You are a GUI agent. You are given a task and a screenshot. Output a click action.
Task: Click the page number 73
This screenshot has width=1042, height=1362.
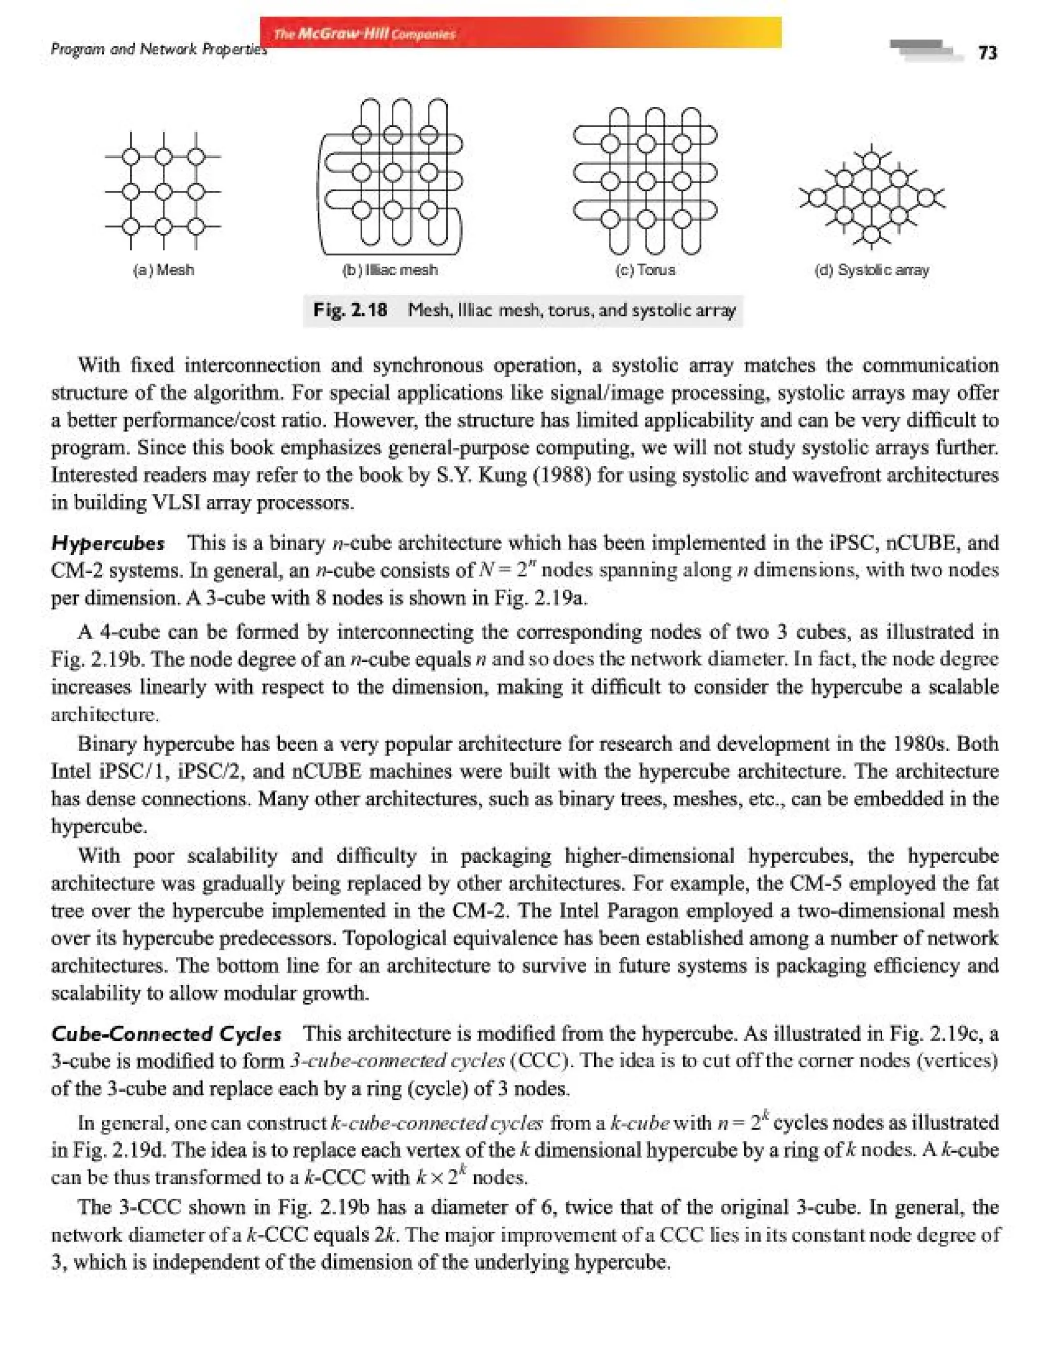[988, 53]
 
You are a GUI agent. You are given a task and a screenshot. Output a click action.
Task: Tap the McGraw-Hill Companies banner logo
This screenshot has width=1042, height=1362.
[365, 34]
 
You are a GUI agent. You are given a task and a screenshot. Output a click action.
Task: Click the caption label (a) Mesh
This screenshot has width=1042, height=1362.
[164, 270]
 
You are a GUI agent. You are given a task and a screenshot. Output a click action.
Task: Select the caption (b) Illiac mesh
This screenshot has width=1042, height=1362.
[390, 270]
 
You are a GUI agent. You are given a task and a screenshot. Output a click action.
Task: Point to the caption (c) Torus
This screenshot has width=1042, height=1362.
[645, 270]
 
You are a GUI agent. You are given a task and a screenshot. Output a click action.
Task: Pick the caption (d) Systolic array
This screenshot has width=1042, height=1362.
[872, 270]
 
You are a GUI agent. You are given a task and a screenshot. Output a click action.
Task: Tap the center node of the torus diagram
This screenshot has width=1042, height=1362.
[646, 181]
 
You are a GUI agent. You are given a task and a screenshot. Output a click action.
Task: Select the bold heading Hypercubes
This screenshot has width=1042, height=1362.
[108, 544]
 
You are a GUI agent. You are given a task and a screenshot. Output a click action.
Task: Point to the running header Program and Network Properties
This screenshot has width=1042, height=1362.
[159, 48]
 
